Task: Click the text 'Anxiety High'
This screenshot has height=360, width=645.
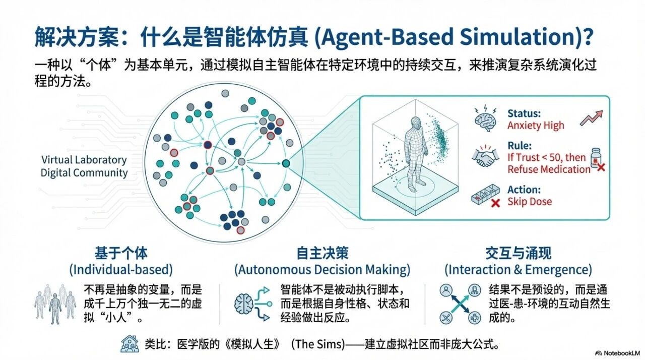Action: pos(536,126)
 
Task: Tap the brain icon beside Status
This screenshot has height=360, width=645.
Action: pos(485,118)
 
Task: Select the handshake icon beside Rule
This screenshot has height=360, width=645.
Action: pos(485,157)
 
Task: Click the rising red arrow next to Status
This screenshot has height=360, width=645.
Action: pos(591,118)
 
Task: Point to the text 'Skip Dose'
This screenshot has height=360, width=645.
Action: pos(530,202)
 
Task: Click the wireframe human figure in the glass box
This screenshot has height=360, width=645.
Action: pos(415,154)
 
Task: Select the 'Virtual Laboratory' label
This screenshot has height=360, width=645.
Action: pos(84,160)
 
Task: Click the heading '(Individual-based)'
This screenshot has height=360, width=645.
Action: pos(121,270)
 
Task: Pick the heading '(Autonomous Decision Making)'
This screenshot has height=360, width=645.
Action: pos(322,270)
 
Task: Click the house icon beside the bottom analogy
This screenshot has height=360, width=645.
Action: pos(130,344)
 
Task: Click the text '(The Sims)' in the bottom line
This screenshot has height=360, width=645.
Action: pos(318,344)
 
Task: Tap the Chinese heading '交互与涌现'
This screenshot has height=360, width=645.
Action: pos(519,253)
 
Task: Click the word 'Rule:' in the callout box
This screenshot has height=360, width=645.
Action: pos(520,146)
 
